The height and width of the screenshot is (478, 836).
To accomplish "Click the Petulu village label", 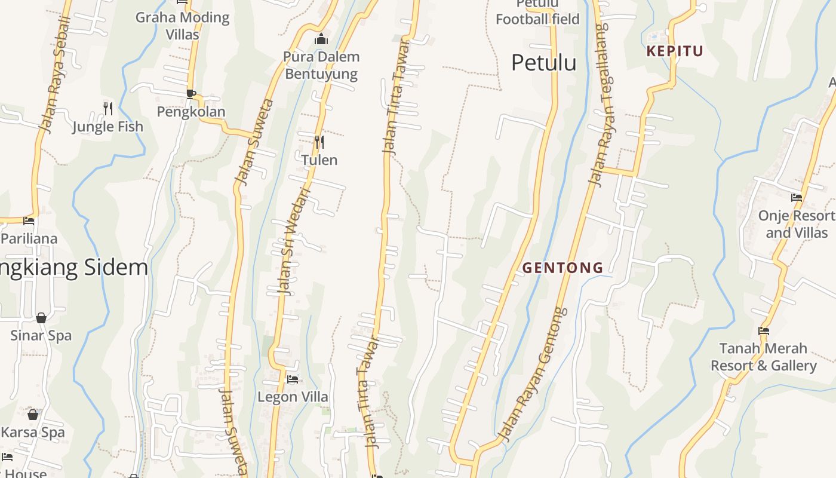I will click(x=543, y=63).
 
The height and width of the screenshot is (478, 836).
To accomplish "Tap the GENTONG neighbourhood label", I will click(x=563, y=268).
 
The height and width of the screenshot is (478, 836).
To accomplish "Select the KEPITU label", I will click(x=675, y=51).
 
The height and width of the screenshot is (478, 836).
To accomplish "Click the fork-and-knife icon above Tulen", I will click(x=319, y=142).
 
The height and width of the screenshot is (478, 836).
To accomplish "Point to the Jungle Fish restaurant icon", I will click(x=108, y=108).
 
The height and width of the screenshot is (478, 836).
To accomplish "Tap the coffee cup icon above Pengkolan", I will click(x=190, y=94).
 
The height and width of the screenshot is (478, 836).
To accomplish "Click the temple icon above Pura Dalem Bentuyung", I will click(x=321, y=39).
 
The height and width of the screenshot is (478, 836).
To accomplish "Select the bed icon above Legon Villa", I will click(x=293, y=379).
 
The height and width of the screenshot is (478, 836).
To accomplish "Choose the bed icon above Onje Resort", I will click(x=797, y=197).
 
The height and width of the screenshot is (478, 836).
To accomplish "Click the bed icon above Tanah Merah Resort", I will click(x=764, y=330).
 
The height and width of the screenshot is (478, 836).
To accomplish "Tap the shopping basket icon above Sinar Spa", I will click(x=41, y=318).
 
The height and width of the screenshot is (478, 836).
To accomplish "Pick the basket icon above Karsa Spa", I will click(x=33, y=414).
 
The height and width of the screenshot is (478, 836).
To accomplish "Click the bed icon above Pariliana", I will click(x=29, y=221).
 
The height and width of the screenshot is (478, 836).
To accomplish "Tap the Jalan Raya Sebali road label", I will click(x=54, y=75).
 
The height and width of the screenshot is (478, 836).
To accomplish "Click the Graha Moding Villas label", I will click(x=182, y=26).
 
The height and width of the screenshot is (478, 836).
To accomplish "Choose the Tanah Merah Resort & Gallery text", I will click(x=763, y=357).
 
